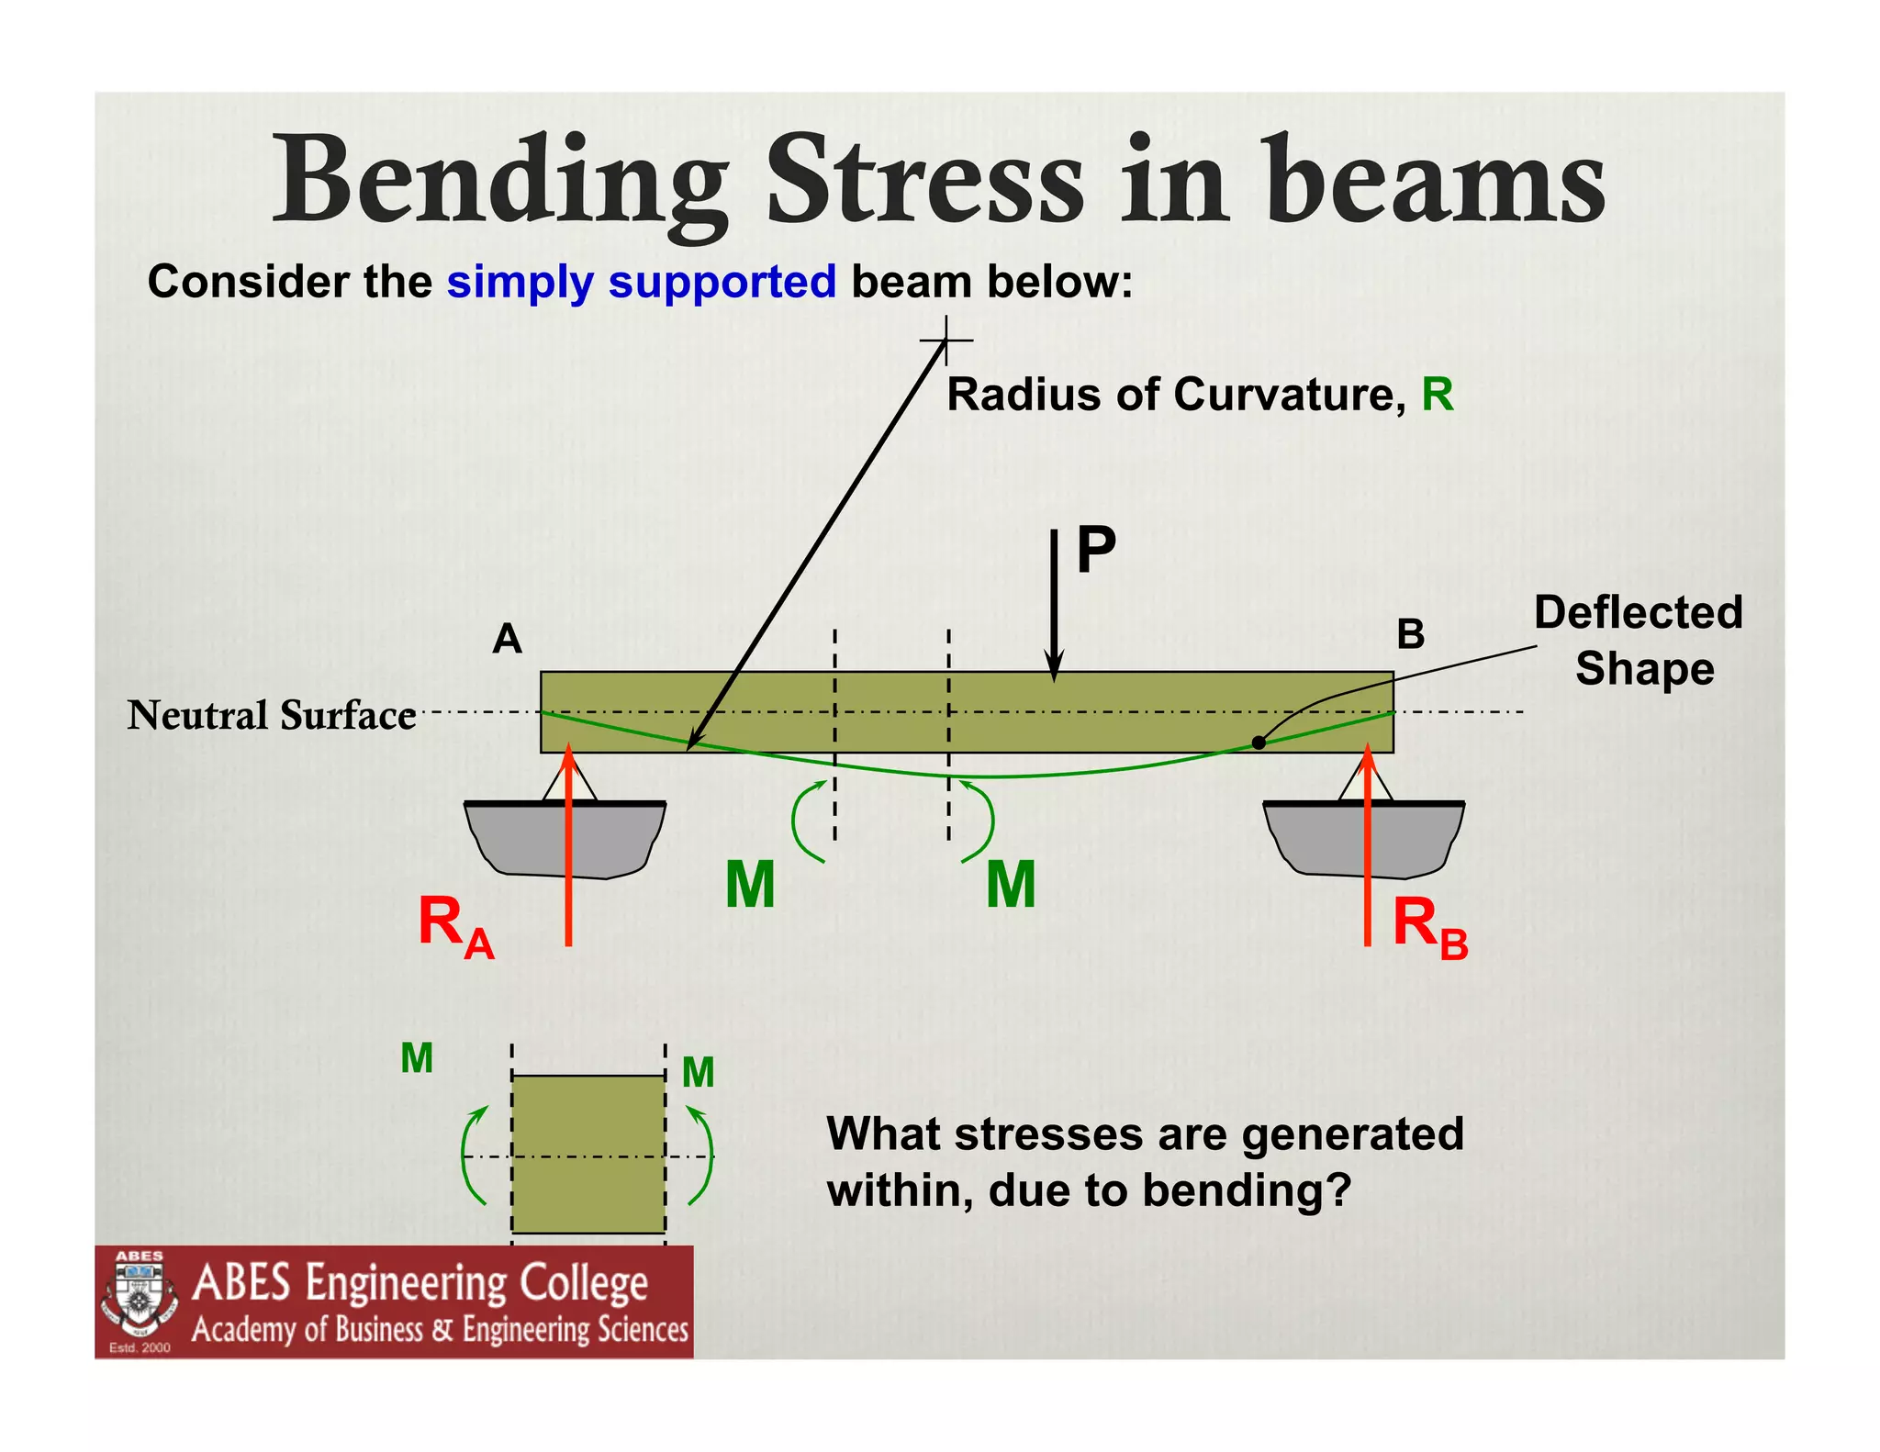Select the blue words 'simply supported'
[641, 282]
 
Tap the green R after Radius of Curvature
[1438, 395]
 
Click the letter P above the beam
[1095, 550]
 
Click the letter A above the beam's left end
[507, 639]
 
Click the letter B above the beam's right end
[1410, 634]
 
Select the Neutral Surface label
[272, 715]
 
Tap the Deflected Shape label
[1639, 640]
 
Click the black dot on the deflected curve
[1259, 743]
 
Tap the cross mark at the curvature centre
[946, 341]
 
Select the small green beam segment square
[588, 1154]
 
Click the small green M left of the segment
[417, 1059]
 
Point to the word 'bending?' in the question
[1248, 1191]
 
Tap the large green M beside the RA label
[750, 885]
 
